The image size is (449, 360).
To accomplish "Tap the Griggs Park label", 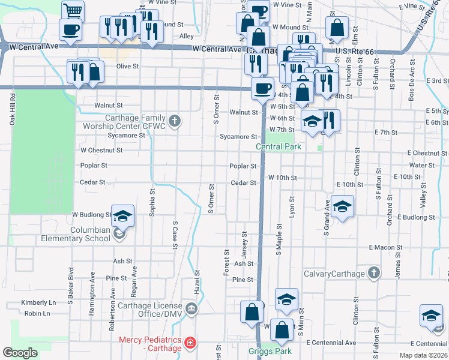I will pos(269,351).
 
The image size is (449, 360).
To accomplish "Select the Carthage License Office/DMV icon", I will pos(191,309).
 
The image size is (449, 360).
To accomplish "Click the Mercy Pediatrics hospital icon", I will pos(190,343).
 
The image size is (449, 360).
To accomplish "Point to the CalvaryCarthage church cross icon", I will pos(373,274).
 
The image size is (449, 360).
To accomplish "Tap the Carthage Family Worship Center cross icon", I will pos(174,122).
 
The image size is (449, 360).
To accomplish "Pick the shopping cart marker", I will pos(73,10).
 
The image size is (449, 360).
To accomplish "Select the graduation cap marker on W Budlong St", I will pos(122,215).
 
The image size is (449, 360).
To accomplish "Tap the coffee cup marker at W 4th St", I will pos(261,88).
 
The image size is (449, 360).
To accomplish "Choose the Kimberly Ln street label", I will pos(38,303).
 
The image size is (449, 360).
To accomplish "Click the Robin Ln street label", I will pos(38,313).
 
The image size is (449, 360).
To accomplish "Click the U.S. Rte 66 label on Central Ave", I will pos(355,52).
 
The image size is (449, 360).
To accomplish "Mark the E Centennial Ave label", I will pos(331,343).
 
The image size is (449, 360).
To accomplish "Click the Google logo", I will pos(20,352).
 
